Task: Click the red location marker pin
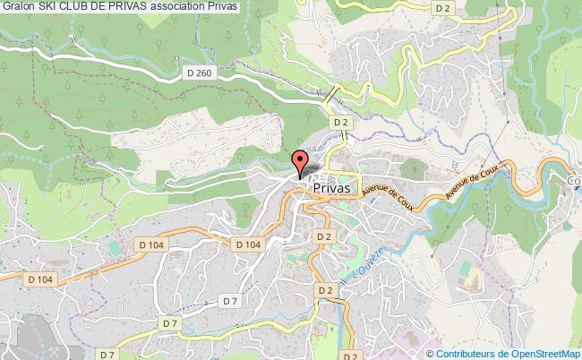pos(301,160)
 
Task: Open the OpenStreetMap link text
pos(543,353)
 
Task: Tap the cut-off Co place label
pos(574,177)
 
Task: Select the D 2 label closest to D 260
pos(340,121)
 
